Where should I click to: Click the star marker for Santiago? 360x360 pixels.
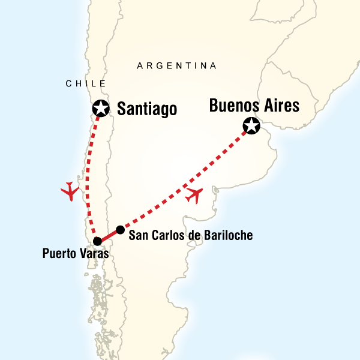tap(100, 109)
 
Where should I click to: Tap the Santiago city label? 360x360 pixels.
tap(147, 109)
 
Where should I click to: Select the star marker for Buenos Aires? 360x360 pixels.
tap(251, 126)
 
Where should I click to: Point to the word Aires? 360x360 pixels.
tap(280, 106)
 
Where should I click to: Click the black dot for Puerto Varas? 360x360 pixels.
tap(97, 242)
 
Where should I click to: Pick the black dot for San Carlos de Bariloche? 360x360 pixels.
tap(120, 230)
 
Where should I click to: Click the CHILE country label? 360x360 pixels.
tap(86, 84)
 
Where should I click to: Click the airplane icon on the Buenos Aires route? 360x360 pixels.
tap(195, 195)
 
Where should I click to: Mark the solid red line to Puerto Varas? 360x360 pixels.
tap(109, 236)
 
